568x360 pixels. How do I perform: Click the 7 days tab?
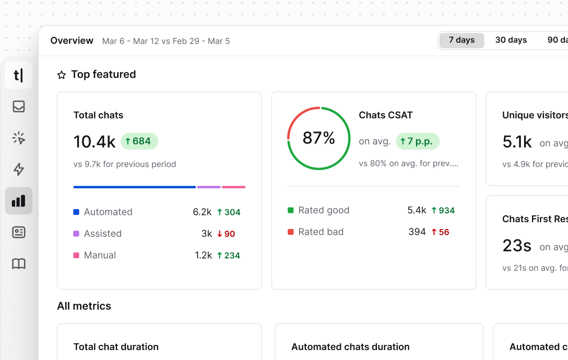click(x=462, y=40)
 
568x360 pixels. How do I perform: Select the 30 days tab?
click(x=511, y=40)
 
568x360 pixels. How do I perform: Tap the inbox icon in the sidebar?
click(x=19, y=106)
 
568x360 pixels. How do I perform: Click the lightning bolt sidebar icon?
click(x=19, y=169)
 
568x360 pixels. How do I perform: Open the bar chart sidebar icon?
click(x=19, y=201)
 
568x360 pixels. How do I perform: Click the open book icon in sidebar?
click(x=19, y=264)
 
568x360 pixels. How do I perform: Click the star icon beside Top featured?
click(x=62, y=75)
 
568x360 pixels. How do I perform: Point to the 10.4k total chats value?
click(x=94, y=141)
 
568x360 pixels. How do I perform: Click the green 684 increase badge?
click(x=139, y=141)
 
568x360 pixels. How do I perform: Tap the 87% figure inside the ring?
click(x=318, y=138)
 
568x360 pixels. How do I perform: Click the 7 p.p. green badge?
click(x=417, y=141)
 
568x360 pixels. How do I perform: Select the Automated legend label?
click(x=108, y=212)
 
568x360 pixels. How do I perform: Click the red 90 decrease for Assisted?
click(x=226, y=234)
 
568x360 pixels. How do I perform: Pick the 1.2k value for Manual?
click(x=203, y=256)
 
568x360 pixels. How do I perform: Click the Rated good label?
click(x=324, y=210)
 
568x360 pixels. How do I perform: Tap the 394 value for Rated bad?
click(x=417, y=232)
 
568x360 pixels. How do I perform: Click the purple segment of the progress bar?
click(x=209, y=187)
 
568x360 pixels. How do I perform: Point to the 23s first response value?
click(x=517, y=245)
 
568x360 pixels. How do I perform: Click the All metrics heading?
click(x=84, y=306)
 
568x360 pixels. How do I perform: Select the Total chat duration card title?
click(x=116, y=347)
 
